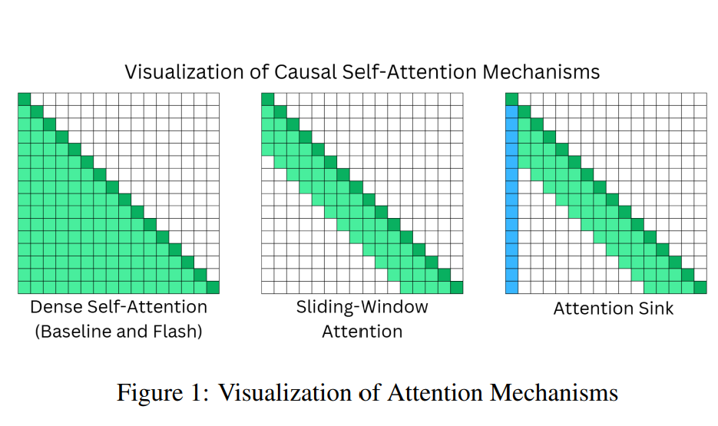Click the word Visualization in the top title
[x=177, y=72]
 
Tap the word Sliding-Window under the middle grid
[x=362, y=307]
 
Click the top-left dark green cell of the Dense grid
[x=24, y=99]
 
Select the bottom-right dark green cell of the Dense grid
[x=213, y=287]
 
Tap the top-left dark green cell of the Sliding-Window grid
[x=268, y=99]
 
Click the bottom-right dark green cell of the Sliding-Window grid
[x=457, y=287]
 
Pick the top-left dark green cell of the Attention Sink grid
[x=512, y=99]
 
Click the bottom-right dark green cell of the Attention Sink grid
[x=700, y=287]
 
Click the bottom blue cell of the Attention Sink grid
[x=512, y=287]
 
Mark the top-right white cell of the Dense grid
[x=213, y=99]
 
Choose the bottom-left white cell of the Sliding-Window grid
[x=268, y=287]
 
